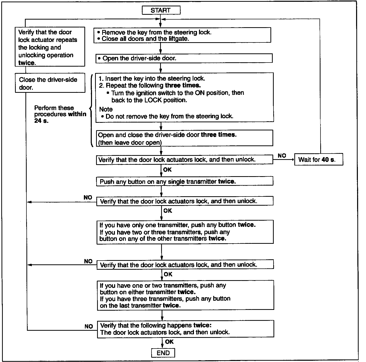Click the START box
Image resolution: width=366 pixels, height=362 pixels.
pos(161,10)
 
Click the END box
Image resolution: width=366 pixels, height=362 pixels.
pos(163,353)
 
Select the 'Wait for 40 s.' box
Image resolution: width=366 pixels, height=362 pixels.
pos(319,159)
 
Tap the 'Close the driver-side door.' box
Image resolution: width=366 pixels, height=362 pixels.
pos(50,83)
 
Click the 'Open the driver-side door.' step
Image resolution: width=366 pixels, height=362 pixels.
pos(184,58)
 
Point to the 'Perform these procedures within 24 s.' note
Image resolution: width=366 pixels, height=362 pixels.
pos(60,114)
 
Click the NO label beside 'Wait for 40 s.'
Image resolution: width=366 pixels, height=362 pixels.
pos(282,156)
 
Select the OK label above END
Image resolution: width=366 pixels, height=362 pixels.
pos(169,342)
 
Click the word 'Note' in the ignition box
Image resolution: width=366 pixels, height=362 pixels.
pos(106,109)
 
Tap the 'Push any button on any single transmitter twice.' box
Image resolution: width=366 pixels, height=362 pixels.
pos(185,181)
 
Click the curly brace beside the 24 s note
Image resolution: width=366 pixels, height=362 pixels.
pos(91,110)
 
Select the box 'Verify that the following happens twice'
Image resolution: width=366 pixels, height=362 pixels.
pos(186,329)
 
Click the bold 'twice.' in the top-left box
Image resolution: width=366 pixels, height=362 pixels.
pos(27,63)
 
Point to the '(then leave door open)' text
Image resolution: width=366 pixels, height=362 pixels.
pos(130,143)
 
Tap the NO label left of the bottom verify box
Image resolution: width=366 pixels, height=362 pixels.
pos(89,326)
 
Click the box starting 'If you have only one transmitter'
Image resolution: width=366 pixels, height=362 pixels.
pos(185,232)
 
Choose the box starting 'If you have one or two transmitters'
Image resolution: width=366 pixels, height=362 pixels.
pos(186,295)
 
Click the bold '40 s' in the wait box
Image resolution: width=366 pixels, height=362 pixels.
pos(328,159)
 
